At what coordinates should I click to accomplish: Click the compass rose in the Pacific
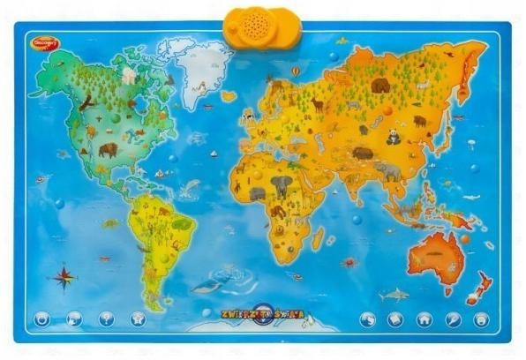click(63, 278)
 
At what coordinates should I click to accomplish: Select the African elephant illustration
click(281, 185)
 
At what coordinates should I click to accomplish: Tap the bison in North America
click(108, 149)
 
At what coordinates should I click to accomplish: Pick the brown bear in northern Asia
click(380, 85)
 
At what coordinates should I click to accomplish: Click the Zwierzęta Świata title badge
click(262, 311)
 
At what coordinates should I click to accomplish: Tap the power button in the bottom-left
click(41, 319)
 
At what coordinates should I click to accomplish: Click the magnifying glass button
click(453, 319)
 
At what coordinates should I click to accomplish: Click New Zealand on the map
click(479, 284)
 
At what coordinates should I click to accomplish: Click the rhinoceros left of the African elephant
click(257, 192)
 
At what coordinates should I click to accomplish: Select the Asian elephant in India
click(386, 171)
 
